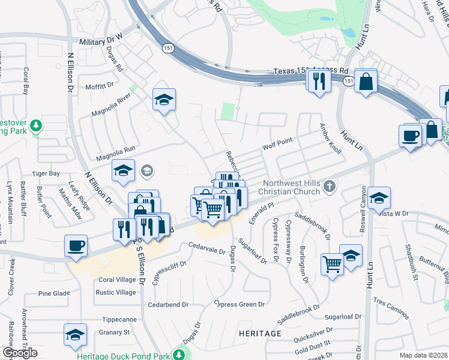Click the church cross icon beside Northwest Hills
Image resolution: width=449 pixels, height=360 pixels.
point(328,187)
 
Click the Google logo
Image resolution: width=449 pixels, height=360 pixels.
point(20,353)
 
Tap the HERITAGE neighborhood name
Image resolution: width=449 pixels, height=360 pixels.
point(260,333)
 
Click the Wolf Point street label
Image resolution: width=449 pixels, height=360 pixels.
point(277,143)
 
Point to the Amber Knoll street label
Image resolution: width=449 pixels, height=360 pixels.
point(330,139)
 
